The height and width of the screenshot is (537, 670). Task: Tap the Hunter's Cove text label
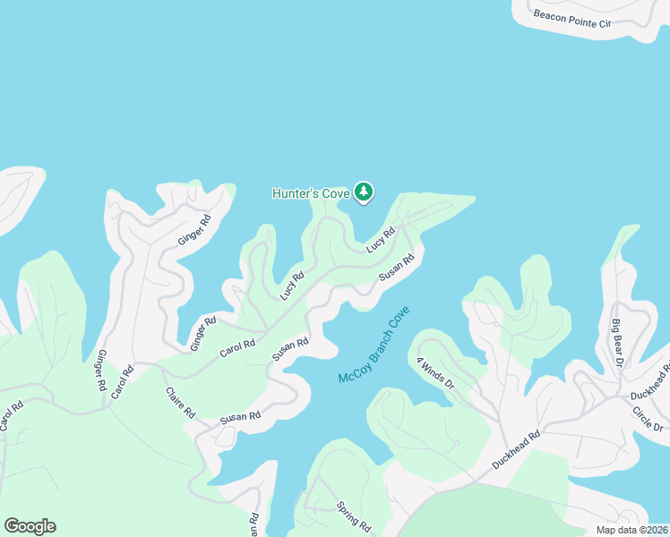click(x=310, y=192)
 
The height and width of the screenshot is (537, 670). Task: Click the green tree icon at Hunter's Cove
click(x=363, y=192)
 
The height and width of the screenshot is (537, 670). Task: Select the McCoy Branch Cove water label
click(x=374, y=345)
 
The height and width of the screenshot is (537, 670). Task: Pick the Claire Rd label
click(x=179, y=403)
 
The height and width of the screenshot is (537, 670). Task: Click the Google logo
click(x=30, y=526)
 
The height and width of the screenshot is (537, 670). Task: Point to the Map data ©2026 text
click(x=632, y=530)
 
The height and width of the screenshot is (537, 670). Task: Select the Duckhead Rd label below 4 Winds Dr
click(x=517, y=451)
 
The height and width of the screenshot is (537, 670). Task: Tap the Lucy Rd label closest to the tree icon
click(x=381, y=241)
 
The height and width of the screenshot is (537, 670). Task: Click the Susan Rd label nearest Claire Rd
click(x=241, y=417)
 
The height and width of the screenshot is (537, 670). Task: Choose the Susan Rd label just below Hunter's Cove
click(x=397, y=268)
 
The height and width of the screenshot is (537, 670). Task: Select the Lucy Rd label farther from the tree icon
click(x=292, y=285)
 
